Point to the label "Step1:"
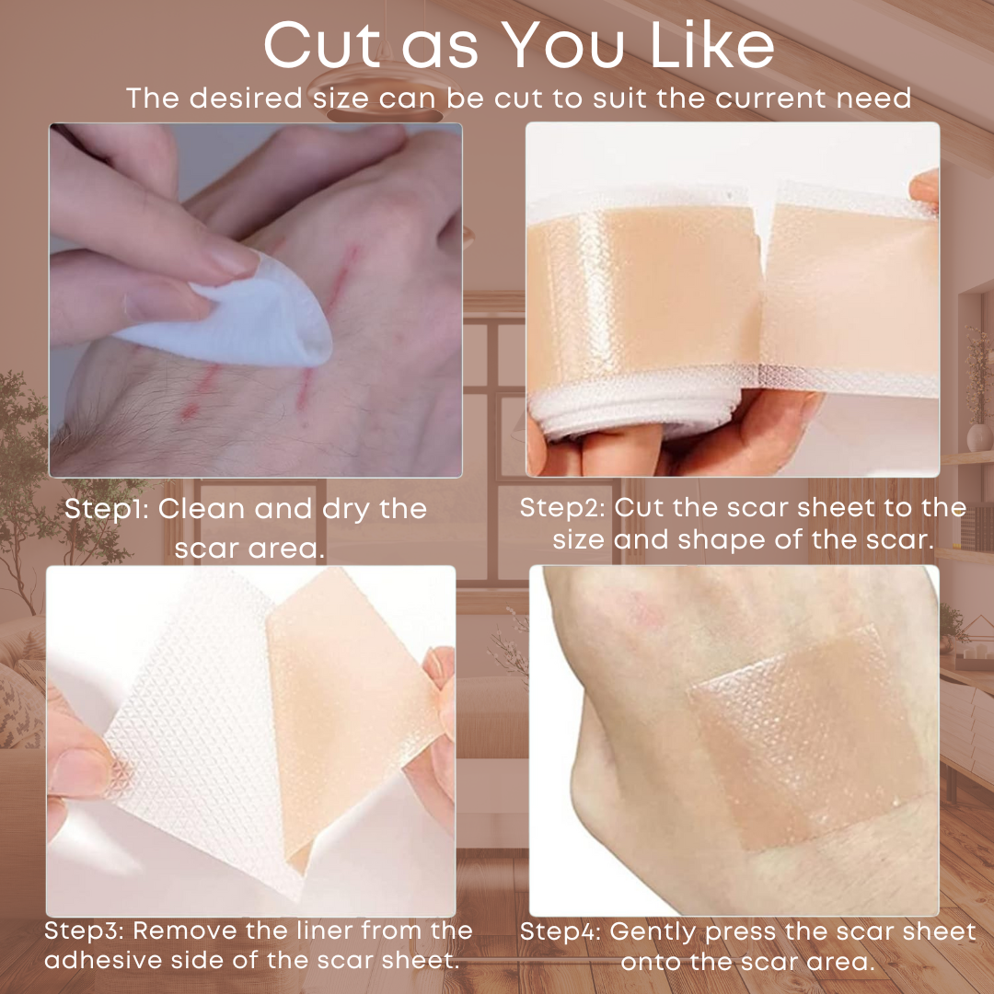[107, 510]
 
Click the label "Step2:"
[562, 508]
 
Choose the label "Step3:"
[86, 931]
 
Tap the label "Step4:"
[561, 932]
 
